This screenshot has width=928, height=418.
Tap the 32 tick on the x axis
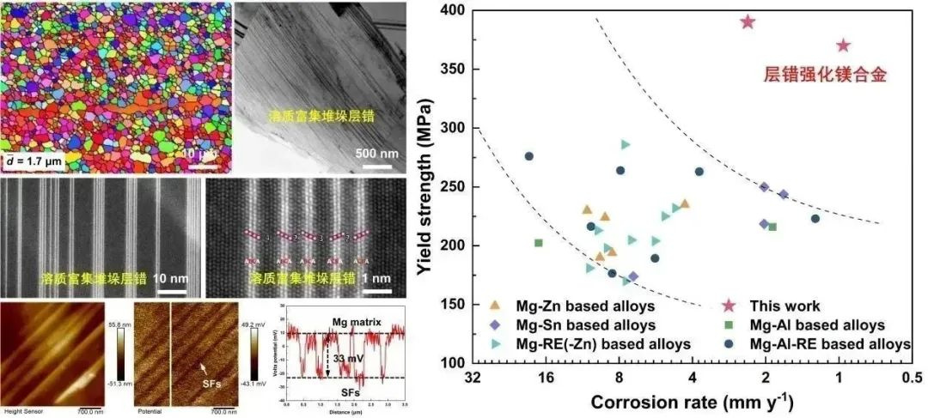click(472, 378)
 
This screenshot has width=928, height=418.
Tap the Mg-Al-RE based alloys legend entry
click(824, 344)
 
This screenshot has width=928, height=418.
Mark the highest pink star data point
click(748, 21)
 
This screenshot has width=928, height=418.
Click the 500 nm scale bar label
click(376, 154)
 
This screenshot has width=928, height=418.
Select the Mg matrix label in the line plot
click(344, 321)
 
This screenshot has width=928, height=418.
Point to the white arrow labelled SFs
click(205, 369)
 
